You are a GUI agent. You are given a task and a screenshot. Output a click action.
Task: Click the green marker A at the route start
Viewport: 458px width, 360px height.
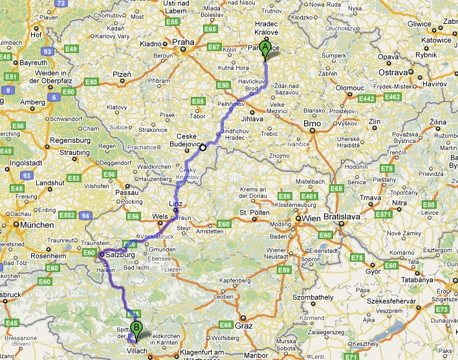(x=265, y=47)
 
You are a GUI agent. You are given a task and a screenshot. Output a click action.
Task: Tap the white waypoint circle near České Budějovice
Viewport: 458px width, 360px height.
(x=202, y=147)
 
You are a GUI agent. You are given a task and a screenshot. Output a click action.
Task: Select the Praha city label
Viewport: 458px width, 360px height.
(x=183, y=43)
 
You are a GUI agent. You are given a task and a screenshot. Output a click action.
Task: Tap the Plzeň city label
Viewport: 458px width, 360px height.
(x=122, y=75)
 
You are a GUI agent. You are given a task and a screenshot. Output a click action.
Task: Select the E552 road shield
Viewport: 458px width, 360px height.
(x=67, y=214)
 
